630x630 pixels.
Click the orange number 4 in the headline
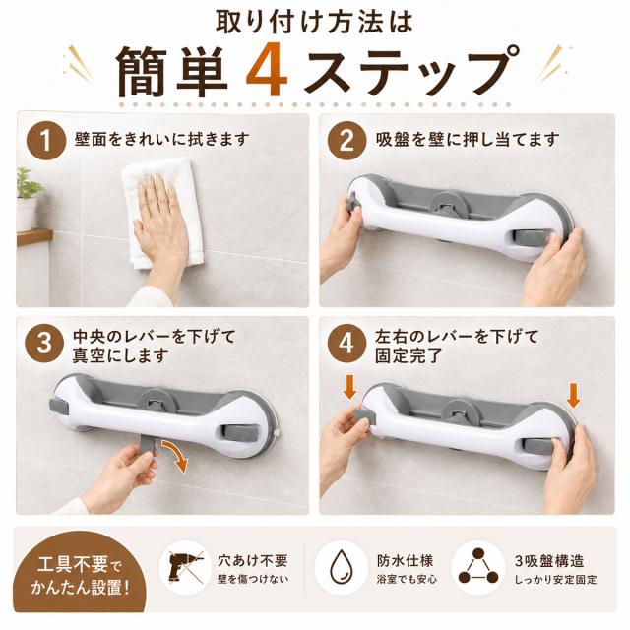click(267, 69)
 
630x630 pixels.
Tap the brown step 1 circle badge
click(46, 141)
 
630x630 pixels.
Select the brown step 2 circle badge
click(346, 141)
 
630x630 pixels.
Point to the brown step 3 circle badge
click(44, 344)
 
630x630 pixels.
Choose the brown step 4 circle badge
click(346, 344)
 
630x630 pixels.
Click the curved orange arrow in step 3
click(177, 455)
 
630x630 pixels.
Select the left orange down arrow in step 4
click(350, 386)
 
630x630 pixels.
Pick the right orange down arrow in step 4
click(573, 396)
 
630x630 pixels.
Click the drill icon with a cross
click(185, 567)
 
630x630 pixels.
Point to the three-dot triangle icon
click(478, 567)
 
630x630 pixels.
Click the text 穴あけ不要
click(253, 560)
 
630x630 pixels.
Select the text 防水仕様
click(405, 560)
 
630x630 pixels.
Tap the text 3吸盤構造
click(549, 560)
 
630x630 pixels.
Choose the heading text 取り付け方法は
click(315, 22)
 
